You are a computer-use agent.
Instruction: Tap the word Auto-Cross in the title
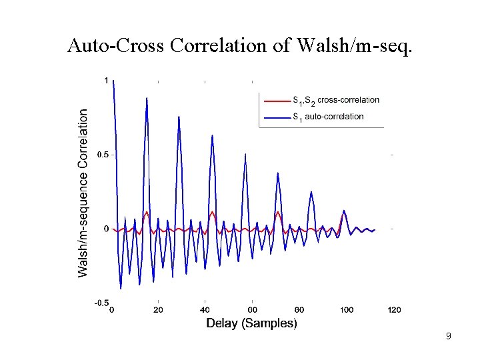117,46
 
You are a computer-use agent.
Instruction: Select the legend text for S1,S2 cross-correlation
336,100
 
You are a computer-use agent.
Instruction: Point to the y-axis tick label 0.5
103,155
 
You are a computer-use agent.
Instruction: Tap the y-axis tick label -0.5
101,303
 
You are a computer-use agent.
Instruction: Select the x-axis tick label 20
158,310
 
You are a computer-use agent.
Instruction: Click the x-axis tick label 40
205,310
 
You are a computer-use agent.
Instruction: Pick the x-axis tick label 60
252,310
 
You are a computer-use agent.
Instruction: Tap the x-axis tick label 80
299,310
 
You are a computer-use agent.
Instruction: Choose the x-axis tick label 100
346,310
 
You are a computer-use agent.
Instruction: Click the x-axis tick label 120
393,310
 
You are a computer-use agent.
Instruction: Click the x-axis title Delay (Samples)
251,323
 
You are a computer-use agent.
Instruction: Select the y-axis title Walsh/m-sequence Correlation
83,193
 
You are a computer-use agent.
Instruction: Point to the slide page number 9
449,336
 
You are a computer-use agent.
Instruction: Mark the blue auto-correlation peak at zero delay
114,82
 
